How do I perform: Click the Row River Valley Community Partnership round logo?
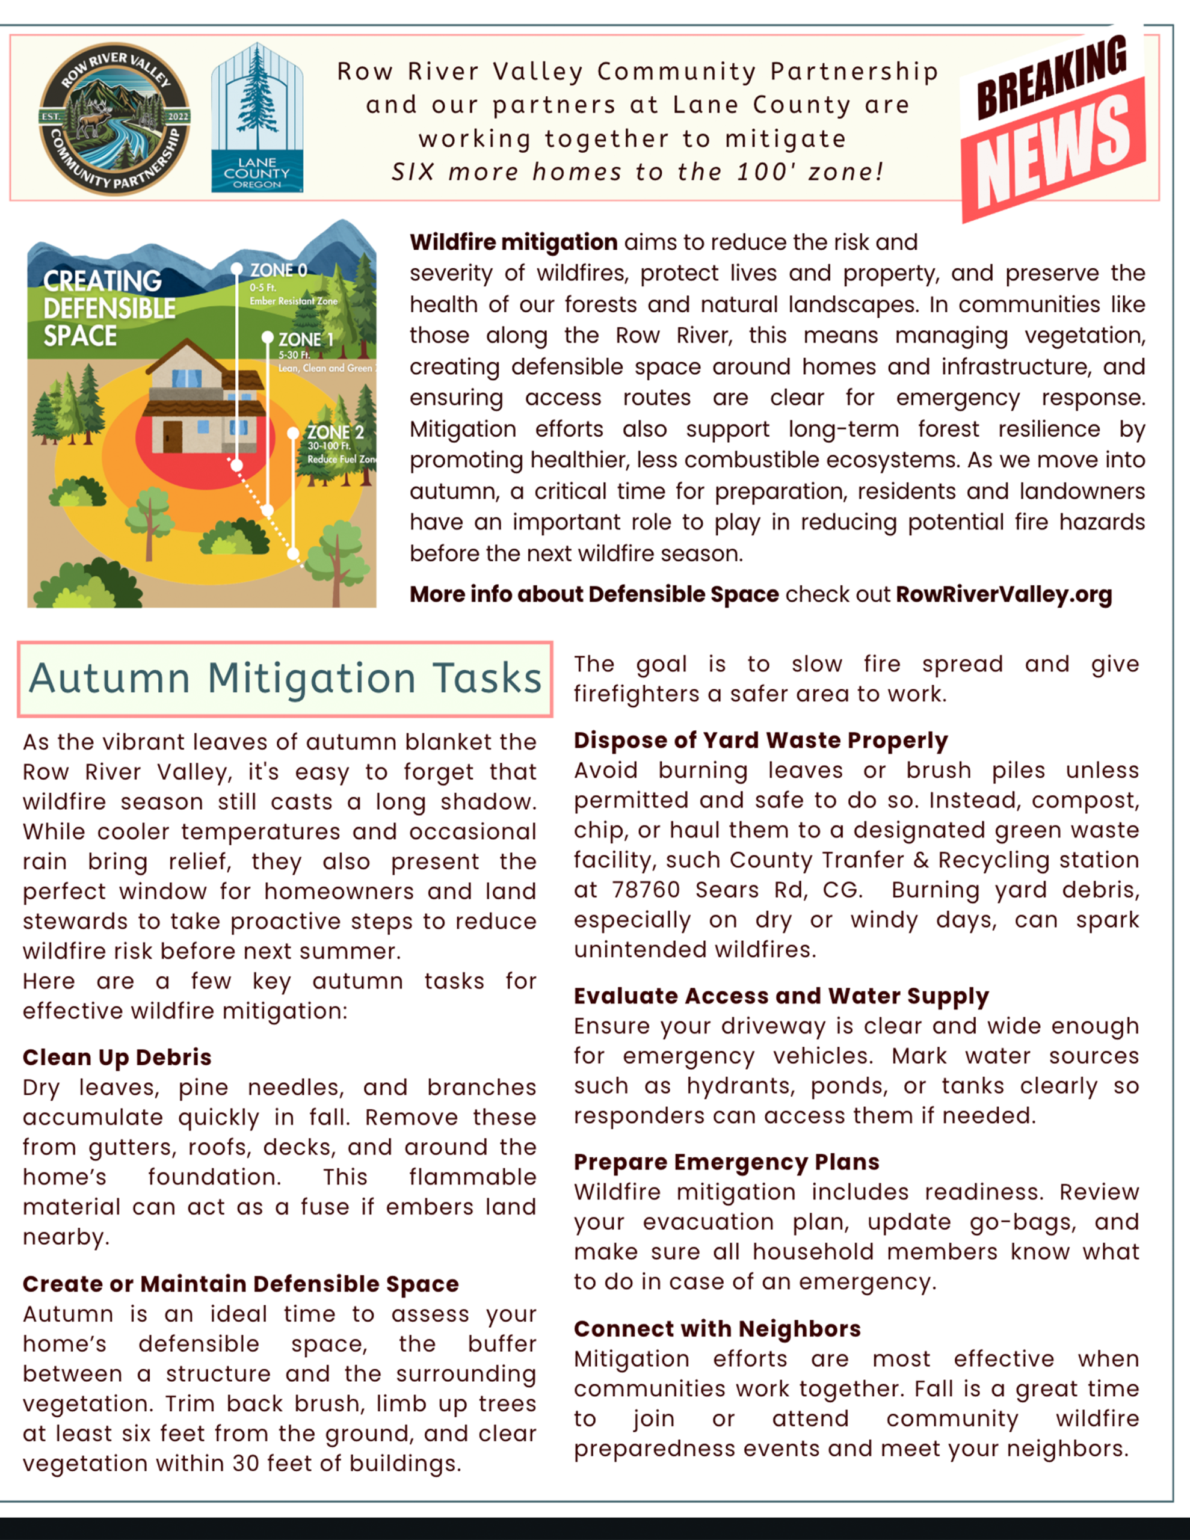tap(114, 119)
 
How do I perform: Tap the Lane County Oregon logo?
tap(257, 118)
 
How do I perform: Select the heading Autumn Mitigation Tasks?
tap(285, 679)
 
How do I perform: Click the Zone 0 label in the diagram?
tap(279, 270)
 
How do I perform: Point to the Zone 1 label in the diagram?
tap(305, 340)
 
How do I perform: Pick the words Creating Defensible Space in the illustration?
tap(109, 308)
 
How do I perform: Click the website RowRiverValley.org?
tap(1003, 594)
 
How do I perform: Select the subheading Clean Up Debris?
tap(117, 1057)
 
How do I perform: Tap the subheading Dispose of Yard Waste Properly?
tap(760, 741)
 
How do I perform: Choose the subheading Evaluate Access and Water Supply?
tap(781, 996)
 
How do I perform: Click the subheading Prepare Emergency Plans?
tap(727, 1162)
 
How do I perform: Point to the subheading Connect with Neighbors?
tap(717, 1328)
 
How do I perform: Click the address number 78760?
tap(646, 890)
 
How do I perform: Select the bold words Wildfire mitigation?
tap(514, 242)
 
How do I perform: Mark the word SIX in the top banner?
tap(413, 171)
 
